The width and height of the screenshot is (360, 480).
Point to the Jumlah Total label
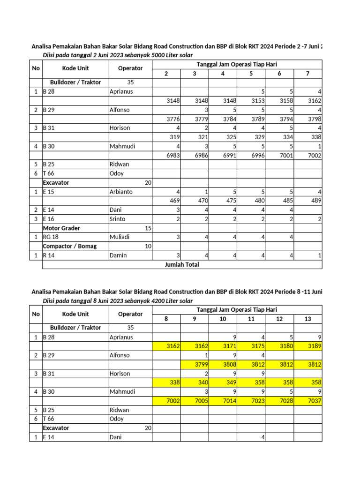[182, 264]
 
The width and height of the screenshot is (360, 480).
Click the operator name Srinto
[117, 219]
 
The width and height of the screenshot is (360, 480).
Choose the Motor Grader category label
[61, 228]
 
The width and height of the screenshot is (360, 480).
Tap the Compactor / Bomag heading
[70, 246]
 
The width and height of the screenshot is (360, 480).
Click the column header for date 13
[307, 319]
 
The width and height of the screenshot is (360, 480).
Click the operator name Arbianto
[121, 192]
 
